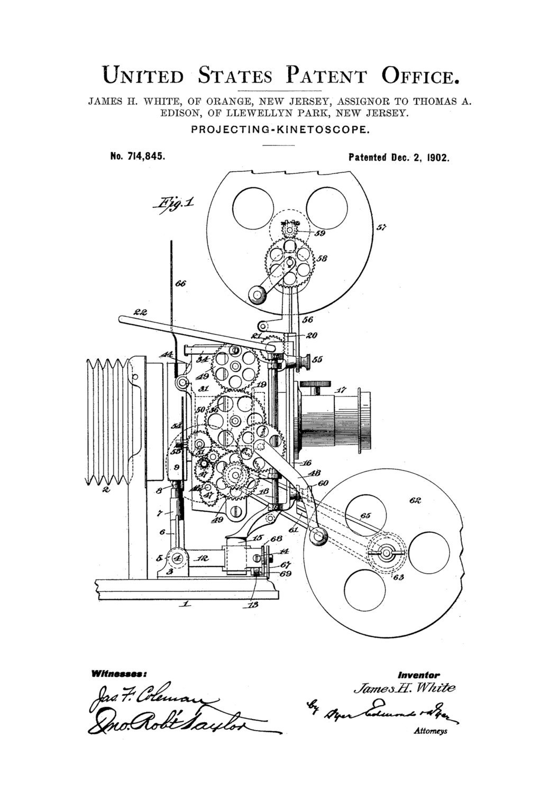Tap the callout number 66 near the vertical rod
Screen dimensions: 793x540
[x=180, y=284]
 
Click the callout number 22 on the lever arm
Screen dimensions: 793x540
[x=140, y=311]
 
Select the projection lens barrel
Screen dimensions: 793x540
[x=336, y=416]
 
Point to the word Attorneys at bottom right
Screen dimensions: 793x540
[x=430, y=731]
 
